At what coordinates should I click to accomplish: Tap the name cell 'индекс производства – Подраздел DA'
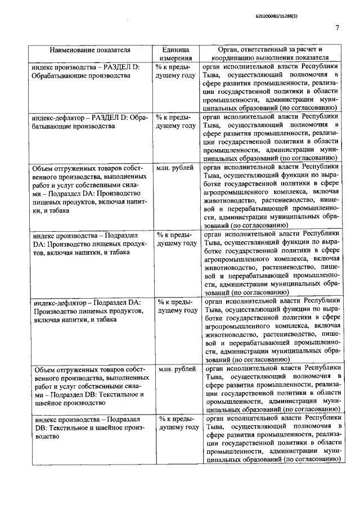89,244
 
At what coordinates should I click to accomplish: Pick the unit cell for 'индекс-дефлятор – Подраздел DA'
175,306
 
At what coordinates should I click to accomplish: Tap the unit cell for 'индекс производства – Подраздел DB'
177,423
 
